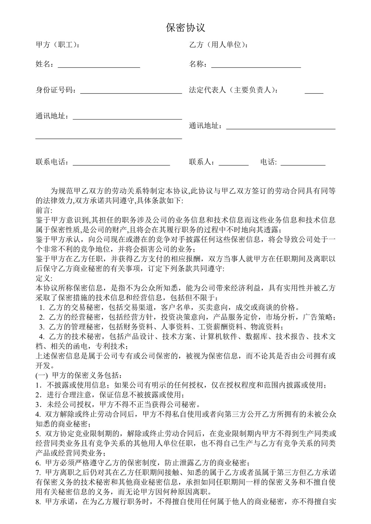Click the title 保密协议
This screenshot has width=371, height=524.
185,28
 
